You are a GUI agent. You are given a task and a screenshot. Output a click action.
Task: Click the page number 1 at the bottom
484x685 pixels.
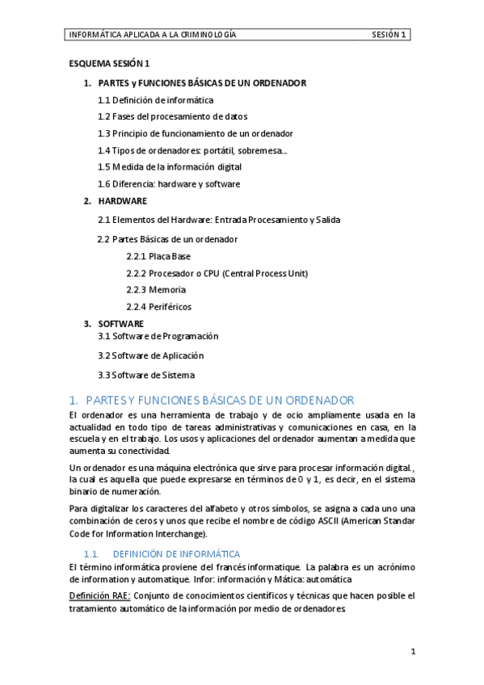(412, 650)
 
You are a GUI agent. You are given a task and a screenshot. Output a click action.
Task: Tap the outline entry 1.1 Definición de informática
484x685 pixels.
(155, 100)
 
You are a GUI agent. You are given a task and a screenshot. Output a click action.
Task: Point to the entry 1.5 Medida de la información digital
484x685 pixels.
(169, 167)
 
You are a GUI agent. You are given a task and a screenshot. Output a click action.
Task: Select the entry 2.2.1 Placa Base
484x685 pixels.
(158, 256)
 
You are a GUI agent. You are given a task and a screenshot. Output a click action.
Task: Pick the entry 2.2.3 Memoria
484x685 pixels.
(156, 289)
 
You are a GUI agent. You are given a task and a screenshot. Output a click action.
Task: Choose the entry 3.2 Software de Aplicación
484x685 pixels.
(150, 355)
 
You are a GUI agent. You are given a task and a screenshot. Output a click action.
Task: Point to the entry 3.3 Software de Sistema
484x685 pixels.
(145, 375)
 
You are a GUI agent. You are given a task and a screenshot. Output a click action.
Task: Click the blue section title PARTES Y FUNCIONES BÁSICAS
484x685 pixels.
(219, 400)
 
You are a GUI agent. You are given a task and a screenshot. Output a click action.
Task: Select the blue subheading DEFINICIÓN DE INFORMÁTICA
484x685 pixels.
(175, 554)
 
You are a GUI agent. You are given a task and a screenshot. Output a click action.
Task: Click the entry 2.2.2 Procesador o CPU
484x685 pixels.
(205, 273)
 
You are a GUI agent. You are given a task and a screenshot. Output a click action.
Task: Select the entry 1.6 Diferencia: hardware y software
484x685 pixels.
(168, 184)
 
